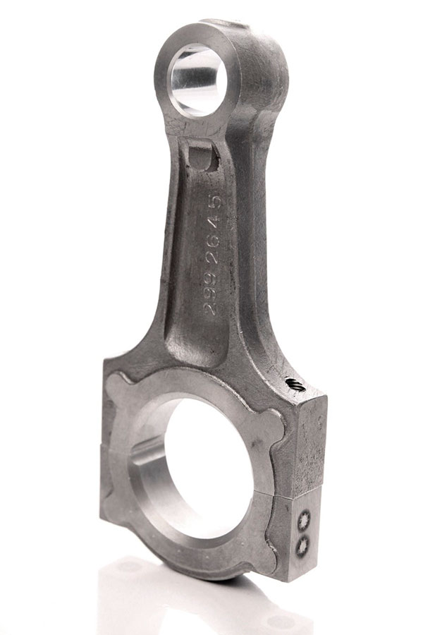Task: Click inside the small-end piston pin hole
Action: point(197,79)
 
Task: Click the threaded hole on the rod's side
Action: point(295,385)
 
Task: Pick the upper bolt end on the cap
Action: point(304,521)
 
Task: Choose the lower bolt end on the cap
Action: point(302,545)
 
